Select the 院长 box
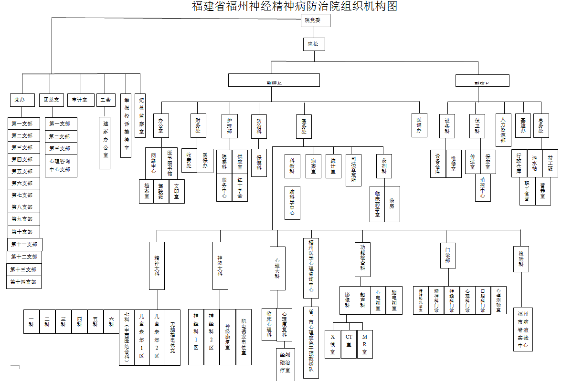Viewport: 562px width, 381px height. (x=314, y=44)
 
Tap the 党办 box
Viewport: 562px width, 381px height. (x=22, y=100)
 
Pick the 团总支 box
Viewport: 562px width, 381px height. (x=51, y=100)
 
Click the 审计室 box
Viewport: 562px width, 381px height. (x=80, y=100)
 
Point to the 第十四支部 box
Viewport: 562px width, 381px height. (x=24, y=282)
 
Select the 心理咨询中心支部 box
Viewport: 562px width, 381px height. (x=61, y=165)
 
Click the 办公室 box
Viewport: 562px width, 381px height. (x=161, y=125)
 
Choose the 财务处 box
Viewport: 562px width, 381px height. (x=198, y=125)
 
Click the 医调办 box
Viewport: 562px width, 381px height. (x=419, y=125)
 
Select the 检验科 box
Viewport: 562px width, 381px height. (x=521, y=258)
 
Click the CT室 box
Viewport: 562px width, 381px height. (x=349, y=344)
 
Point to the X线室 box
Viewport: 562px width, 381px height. (x=332, y=344)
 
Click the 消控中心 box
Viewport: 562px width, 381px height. (x=483, y=187)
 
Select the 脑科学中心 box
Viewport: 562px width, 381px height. (x=292, y=202)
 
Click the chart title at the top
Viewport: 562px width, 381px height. (x=294, y=6)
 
